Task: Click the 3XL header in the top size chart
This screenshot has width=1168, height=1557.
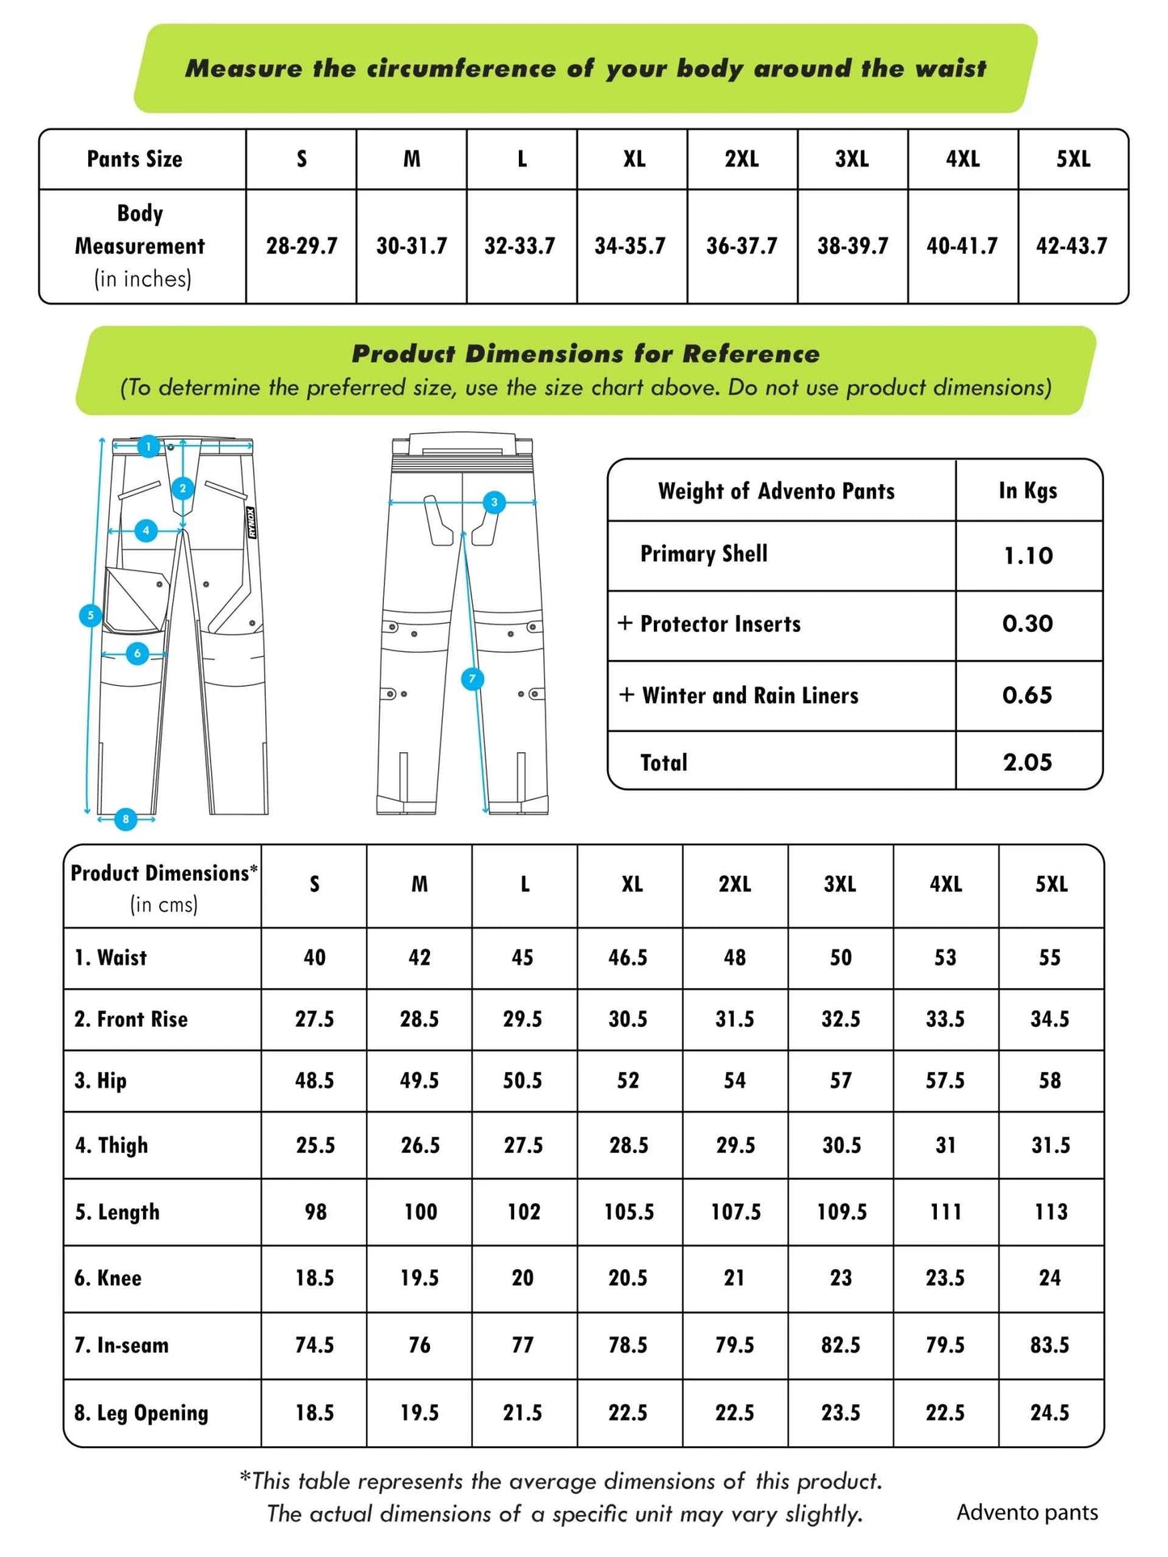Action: (x=852, y=159)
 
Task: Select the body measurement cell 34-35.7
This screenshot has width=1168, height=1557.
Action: (x=630, y=246)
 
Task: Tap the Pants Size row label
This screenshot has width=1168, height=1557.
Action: (x=134, y=159)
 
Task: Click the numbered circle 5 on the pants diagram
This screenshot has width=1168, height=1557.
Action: (x=90, y=615)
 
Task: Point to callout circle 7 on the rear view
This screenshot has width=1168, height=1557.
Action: (x=472, y=679)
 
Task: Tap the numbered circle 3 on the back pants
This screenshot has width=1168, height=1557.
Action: (x=495, y=503)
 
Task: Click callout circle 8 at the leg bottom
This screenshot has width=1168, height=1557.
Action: (x=125, y=819)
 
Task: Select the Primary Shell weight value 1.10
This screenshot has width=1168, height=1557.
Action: (x=1028, y=555)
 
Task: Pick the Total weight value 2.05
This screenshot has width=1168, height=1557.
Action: (x=1027, y=762)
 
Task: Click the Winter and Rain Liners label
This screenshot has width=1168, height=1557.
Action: (x=749, y=696)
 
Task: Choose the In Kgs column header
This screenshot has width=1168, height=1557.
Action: (x=1027, y=490)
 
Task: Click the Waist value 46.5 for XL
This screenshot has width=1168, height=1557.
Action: (x=628, y=957)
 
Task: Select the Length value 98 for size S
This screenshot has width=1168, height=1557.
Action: (x=315, y=1212)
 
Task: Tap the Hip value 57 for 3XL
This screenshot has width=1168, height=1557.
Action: (x=841, y=1081)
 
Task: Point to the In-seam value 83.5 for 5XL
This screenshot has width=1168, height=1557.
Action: (x=1050, y=1345)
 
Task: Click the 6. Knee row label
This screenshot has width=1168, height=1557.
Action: (x=108, y=1278)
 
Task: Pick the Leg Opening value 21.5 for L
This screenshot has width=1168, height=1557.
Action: (x=523, y=1413)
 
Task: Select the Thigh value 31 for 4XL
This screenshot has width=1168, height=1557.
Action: (x=945, y=1146)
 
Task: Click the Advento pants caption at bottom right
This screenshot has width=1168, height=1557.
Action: (x=1027, y=1513)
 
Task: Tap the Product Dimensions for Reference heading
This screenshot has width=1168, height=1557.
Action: (x=585, y=354)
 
